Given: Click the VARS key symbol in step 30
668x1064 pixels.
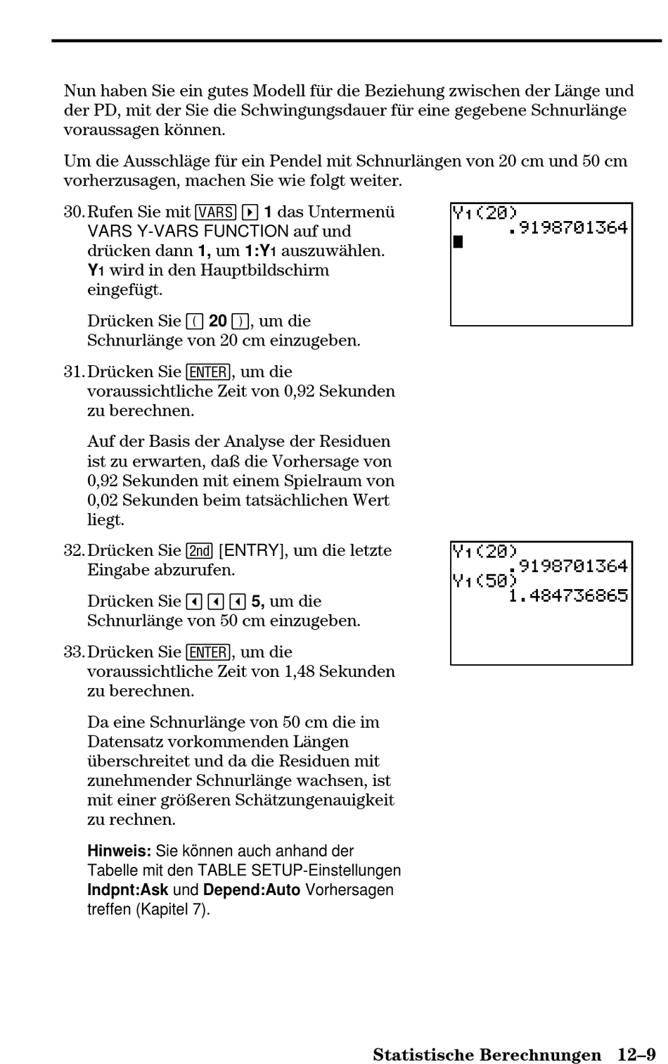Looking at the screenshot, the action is point(216,212).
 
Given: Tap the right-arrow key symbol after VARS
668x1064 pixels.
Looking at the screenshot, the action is point(249,212).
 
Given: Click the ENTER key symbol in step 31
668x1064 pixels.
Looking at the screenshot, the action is point(208,372).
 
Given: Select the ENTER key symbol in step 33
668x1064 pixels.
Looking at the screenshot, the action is point(208,652).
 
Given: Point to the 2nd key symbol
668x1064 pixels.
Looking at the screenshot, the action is point(200,550).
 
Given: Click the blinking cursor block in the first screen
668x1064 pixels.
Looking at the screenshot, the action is point(458,242).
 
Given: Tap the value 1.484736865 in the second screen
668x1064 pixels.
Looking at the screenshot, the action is point(568,595).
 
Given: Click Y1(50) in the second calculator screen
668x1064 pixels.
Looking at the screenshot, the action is point(484,581).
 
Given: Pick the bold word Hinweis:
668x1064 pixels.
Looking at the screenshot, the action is point(119,851).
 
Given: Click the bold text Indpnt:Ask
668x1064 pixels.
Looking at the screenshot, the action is point(128,889).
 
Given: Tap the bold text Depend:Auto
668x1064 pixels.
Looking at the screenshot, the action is point(252,889).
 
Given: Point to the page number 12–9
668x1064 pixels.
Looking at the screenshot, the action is point(636,1054).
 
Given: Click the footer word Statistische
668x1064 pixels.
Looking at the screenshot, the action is point(419,1054).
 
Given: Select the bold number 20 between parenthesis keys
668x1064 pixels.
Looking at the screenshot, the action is point(218,321).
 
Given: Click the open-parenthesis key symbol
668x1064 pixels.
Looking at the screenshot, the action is point(195,322).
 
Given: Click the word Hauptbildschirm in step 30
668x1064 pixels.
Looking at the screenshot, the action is point(264,270).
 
